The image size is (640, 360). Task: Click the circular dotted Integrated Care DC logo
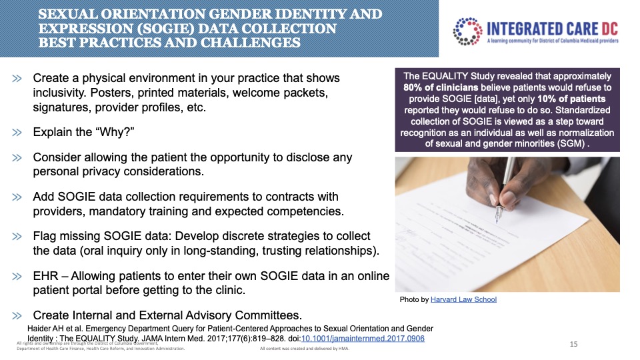tap(468, 31)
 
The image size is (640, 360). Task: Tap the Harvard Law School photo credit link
tap(463, 299)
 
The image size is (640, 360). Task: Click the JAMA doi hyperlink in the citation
tap(363, 339)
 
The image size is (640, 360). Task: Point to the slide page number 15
tap(573, 344)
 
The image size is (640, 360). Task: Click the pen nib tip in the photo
tap(497, 221)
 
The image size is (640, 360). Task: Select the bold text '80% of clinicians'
tap(441, 87)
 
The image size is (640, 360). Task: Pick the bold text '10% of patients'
tap(571, 99)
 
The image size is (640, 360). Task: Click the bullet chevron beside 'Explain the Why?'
tap(17, 132)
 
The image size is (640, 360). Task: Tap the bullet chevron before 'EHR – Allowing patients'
tap(17, 276)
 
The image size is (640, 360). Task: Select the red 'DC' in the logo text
tap(609, 29)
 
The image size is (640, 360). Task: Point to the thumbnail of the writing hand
tap(507, 225)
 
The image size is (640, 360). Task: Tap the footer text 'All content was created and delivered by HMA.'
tap(305, 349)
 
